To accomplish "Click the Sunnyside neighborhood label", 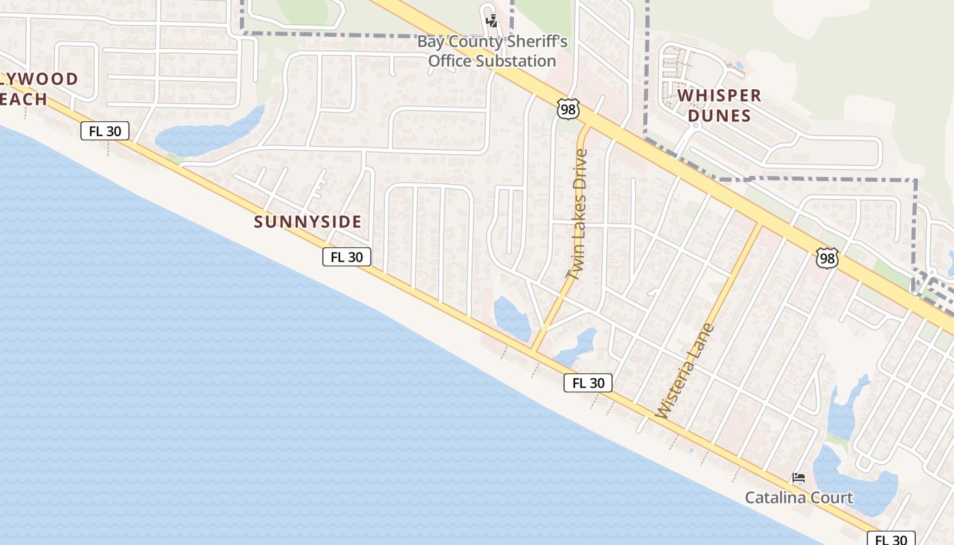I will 307,222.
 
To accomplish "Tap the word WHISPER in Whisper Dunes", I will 719,95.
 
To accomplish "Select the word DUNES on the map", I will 719,115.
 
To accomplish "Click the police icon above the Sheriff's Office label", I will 491,21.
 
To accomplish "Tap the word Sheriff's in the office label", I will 535,42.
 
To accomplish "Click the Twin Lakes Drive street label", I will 577,215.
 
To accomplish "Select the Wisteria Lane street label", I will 684,371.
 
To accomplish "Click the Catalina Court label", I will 799,497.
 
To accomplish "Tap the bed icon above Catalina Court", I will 799,478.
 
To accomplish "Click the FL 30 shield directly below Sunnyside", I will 347,257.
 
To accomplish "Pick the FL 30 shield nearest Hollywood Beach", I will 105,131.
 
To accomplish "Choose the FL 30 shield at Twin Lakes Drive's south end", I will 588,383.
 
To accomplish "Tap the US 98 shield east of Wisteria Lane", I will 827,258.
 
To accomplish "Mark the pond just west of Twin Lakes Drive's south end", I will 512,317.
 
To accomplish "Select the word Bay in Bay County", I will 431,42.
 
